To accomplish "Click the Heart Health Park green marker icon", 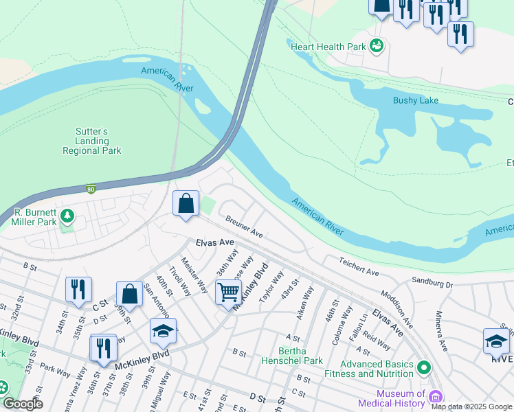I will (376, 47).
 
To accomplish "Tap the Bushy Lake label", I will (415, 100).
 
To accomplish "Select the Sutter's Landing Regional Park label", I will (92, 141).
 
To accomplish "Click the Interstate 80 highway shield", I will (91, 188).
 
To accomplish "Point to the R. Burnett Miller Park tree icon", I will (67, 217).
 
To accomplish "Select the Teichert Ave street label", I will (358, 267).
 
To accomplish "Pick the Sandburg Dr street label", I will (432, 282).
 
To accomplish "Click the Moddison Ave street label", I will (398, 308).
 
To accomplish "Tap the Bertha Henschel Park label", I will (291, 355).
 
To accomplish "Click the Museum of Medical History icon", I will (435, 397).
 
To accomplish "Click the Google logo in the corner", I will (22, 403).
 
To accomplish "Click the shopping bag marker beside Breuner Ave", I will (186, 203).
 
